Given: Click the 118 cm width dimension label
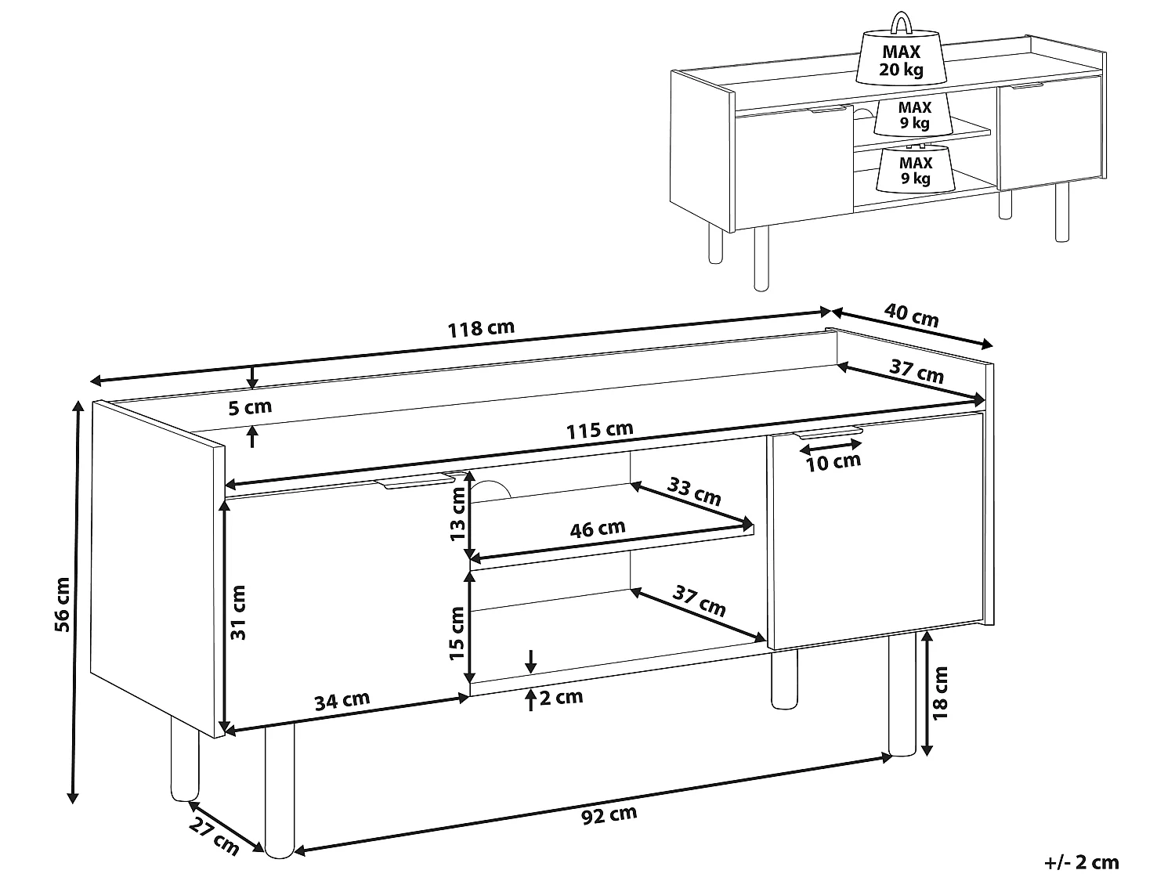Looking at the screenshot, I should (x=481, y=328).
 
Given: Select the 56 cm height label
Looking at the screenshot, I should (x=62, y=604).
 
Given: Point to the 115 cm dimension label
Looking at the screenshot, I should (x=600, y=430).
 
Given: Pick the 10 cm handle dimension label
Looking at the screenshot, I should (x=833, y=462).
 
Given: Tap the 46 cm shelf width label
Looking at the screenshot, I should (x=597, y=529).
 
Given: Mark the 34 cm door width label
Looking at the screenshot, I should (x=342, y=700).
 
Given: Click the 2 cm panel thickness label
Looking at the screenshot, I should (x=561, y=697).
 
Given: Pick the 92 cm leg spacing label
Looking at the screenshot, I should (x=609, y=815).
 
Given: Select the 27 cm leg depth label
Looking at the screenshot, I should (x=214, y=836).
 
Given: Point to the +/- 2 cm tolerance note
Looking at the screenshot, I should (x=1082, y=863).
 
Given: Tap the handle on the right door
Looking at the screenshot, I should (x=827, y=431).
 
